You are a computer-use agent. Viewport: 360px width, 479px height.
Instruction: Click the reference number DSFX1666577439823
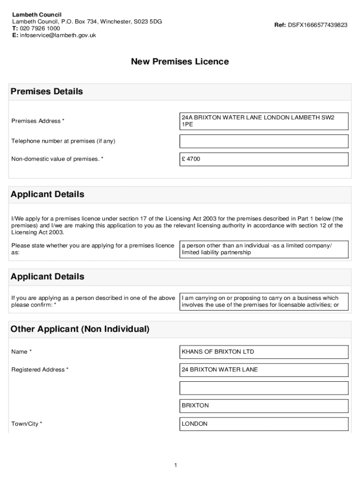pyautogui.click(x=317, y=25)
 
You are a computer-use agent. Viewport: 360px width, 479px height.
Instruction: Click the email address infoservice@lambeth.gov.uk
pyautogui.click(x=58, y=35)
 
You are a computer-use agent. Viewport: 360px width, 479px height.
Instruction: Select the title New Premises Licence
pyautogui.click(x=180, y=62)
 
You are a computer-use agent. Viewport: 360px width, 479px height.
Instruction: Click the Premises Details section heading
pyautogui.click(x=47, y=92)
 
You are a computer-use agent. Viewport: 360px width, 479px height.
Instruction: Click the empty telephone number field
pyautogui.click(x=264, y=141)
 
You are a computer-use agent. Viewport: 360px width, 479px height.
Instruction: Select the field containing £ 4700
pyautogui.click(x=264, y=159)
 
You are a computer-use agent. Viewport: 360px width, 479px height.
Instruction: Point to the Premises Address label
pyautogui.click(x=38, y=121)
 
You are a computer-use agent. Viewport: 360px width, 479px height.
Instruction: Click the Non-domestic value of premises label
pyautogui.click(x=57, y=159)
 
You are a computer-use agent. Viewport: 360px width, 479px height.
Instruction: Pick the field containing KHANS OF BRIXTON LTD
pyautogui.click(x=264, y=352)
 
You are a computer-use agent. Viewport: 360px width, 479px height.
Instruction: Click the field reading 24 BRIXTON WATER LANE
pyautogui.click(x=264, y=370)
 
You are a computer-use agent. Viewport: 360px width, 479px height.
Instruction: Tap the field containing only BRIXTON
pyautogui.click(x=264, y=406)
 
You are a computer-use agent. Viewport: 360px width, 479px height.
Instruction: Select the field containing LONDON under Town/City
pyautogui.click(x=264, y=424)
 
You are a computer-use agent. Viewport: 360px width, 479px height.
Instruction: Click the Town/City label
pyautogui.click(x=27, y=424)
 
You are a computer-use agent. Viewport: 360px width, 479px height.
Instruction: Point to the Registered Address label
pyautogui.click(x=40, y=370)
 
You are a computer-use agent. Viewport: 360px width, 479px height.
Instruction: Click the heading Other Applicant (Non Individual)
pyautogui.click(x=80, y=329)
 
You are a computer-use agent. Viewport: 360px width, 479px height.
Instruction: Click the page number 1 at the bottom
pyautogui.click(x=175, y=465)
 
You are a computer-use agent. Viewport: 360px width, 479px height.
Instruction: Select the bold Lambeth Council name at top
pyautogui.click(x=36, y=15)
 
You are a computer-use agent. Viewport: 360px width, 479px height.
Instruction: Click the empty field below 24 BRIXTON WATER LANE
pyautogui.click(x=264, y=388)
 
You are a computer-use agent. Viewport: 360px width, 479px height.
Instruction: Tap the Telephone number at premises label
pyautogui.click(x=63, y=141)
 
